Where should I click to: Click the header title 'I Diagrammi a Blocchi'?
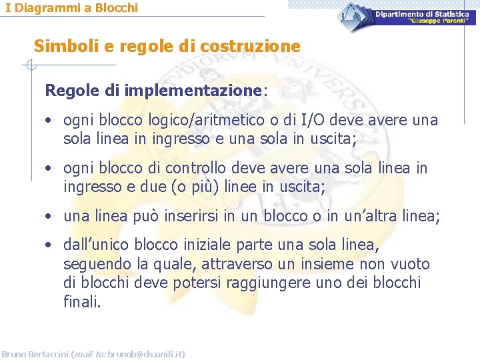[x=72, y=8]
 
